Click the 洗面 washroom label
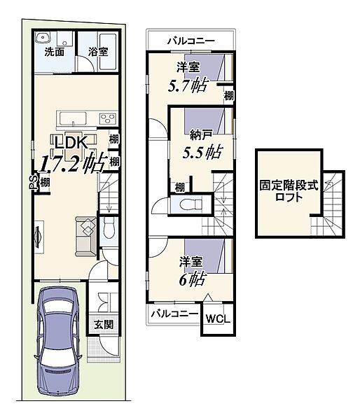55,52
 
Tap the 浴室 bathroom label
98,52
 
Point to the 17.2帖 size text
72,162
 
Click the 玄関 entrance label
104,325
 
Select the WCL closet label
218,319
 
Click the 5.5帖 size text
202,153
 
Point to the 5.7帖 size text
188,85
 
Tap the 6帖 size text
192,279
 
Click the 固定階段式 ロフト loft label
289,191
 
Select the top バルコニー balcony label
191,41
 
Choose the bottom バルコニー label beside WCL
174,314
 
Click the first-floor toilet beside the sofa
109,227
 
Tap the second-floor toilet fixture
191,205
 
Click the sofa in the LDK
85,237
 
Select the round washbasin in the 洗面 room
42,38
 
